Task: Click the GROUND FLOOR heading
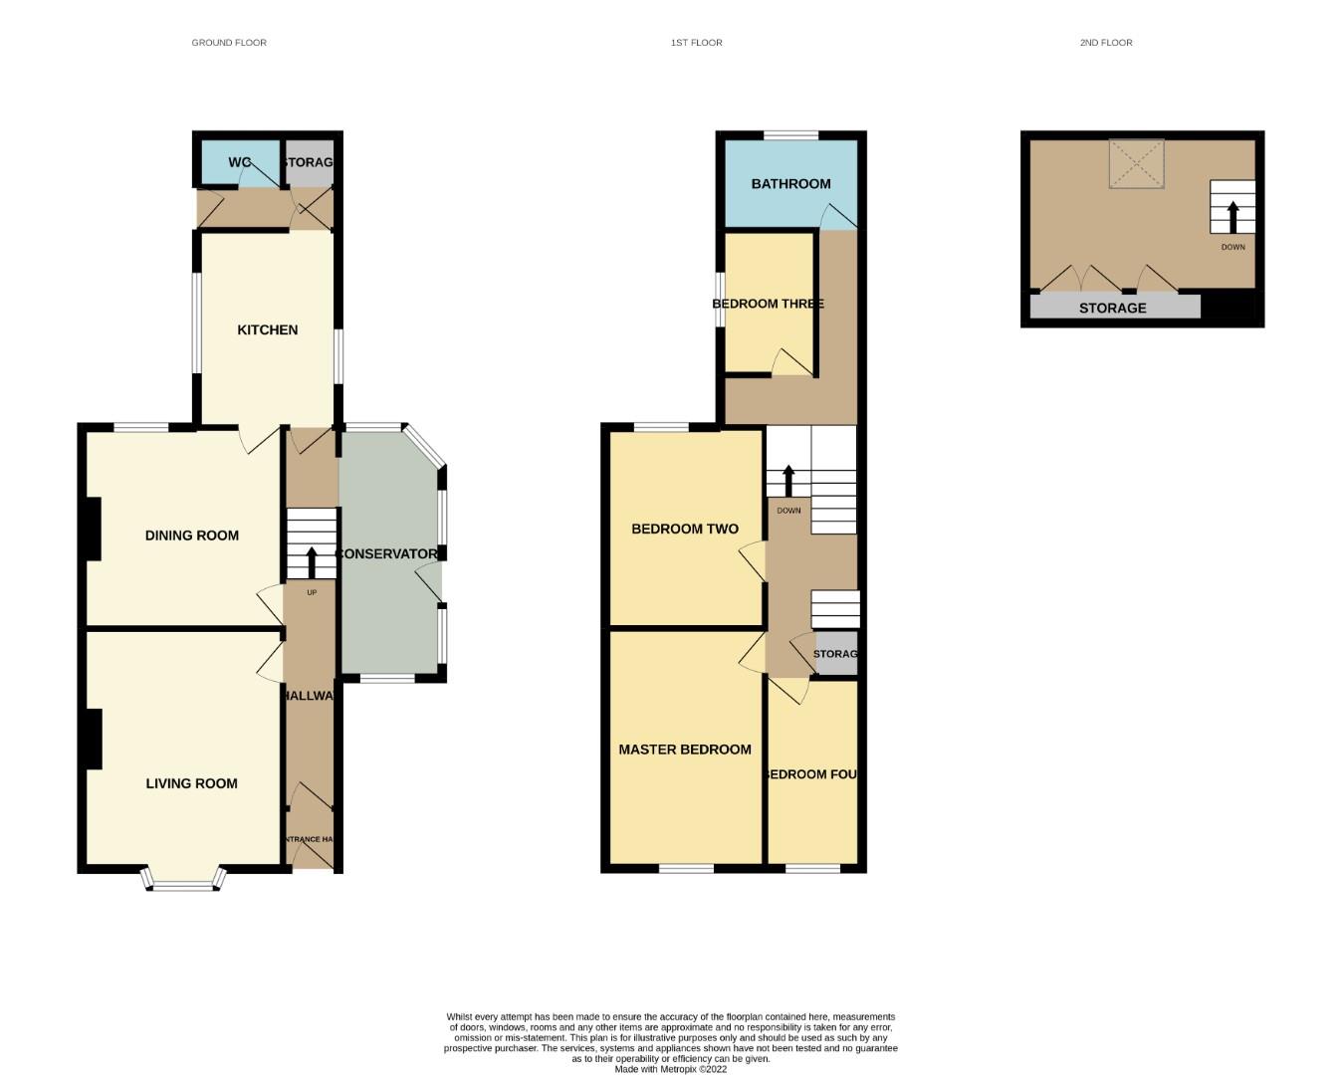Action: pos(229,43)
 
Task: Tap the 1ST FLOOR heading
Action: pos(696,43)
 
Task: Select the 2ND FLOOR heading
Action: pos(1106,43)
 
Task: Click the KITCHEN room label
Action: pos(267,329)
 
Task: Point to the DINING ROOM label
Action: pos(192,536)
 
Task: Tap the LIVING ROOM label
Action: pos(192,783)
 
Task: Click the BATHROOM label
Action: pos(790,184)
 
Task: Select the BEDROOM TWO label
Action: pos(685,529)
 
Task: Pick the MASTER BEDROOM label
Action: pos(685,750)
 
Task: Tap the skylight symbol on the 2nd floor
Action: pos(1137,163)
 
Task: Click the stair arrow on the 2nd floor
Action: pos(1232,216)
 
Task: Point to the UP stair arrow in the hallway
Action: pos(312,562)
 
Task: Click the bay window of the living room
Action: pos(183,881)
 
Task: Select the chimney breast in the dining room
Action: pos(93,529)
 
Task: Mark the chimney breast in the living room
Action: pos(93,739)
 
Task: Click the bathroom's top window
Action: pos(790,135)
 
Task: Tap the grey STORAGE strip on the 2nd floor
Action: pos(1114,307)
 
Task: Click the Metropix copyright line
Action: pos(670,1069)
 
